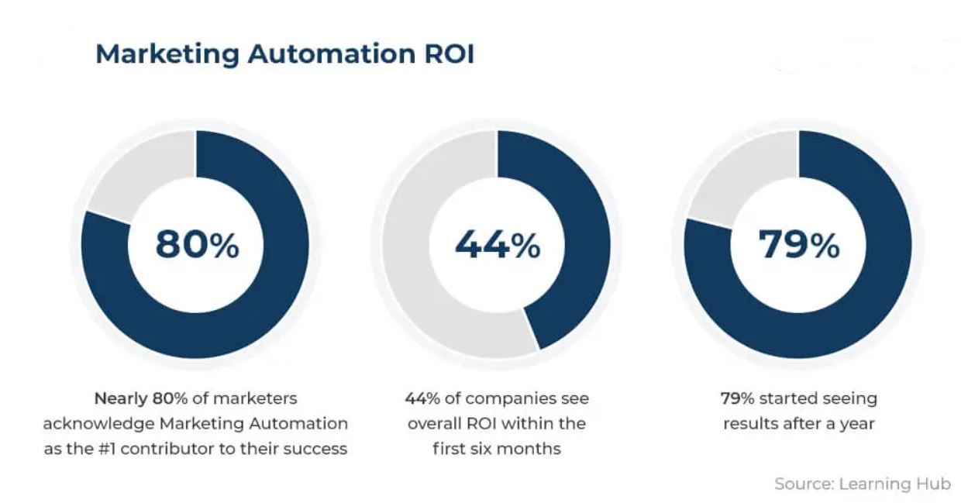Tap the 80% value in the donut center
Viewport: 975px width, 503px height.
197,245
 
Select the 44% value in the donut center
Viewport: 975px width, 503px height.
497,245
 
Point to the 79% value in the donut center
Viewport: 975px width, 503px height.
798,245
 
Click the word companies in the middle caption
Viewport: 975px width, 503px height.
511,399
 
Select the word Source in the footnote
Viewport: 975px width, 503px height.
801,484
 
